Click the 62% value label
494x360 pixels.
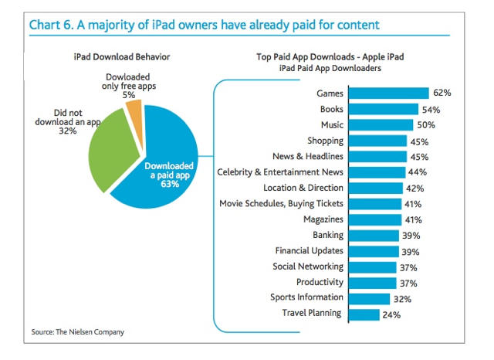442,93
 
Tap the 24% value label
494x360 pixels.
392,314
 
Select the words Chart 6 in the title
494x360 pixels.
54,25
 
